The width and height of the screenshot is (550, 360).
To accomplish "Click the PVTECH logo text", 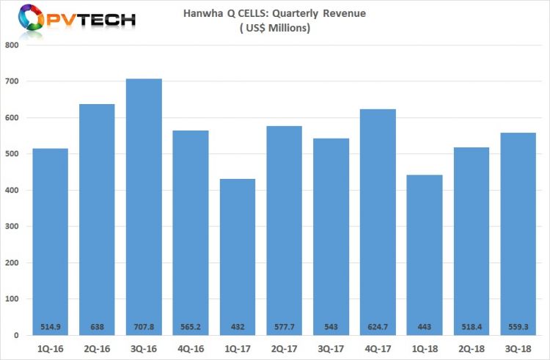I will point(89,19).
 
